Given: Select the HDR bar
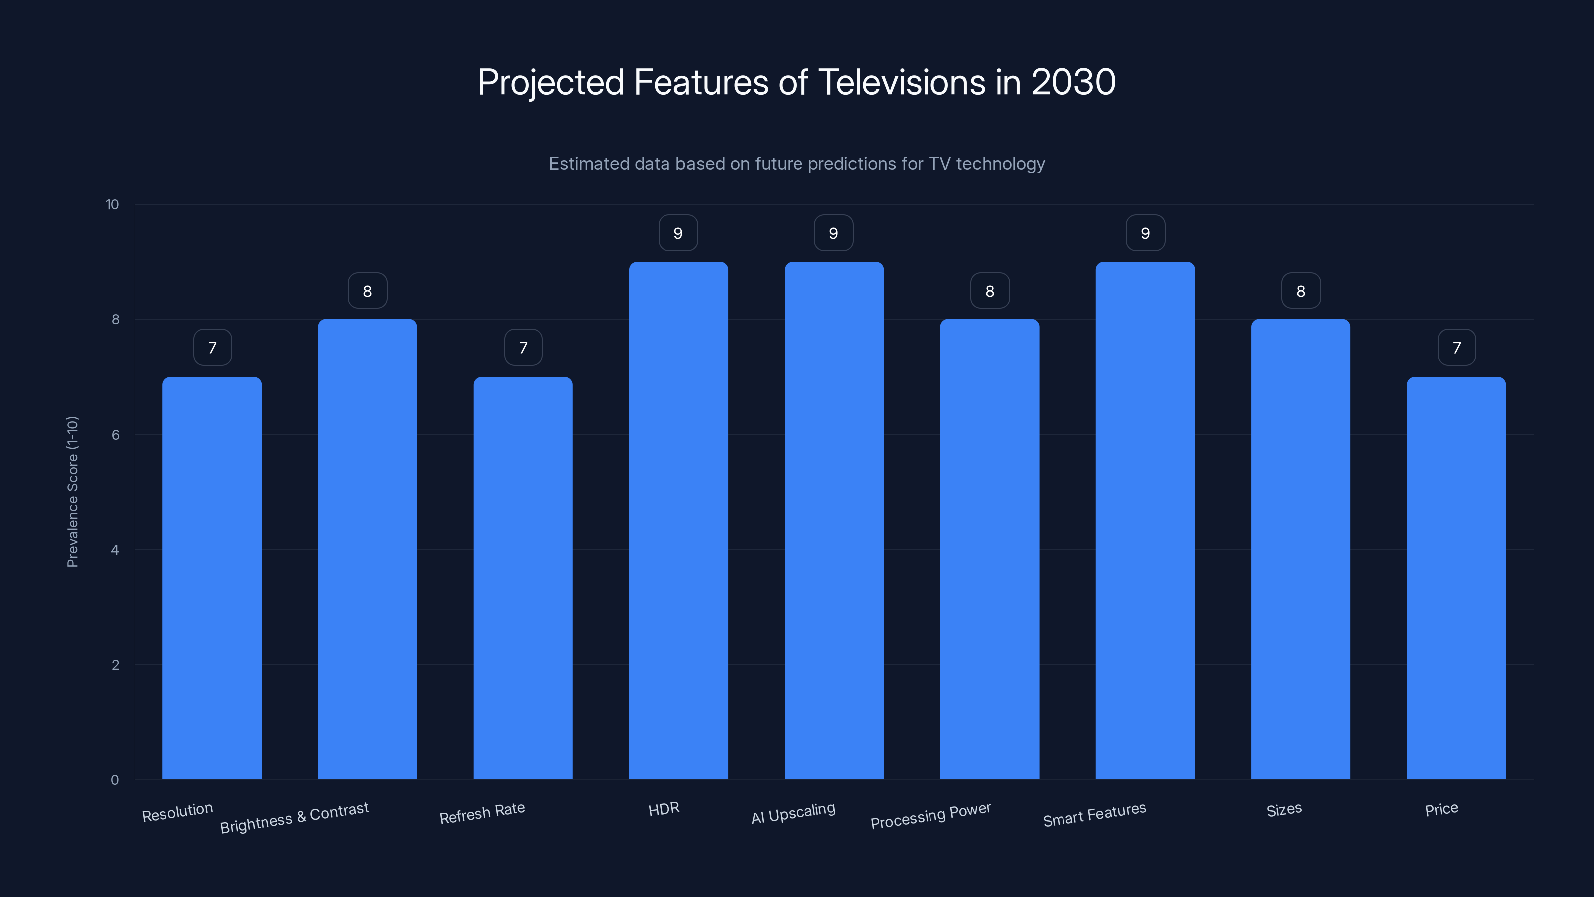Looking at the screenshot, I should coord(678,520).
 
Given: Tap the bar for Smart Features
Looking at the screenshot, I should coord(1145,520).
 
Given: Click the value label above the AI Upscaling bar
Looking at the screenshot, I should coord(833,233).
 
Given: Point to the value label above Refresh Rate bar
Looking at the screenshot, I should coord(523,348).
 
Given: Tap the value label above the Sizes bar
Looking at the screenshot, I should coord(1300,291).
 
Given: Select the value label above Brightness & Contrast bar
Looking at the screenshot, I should coord(367,291).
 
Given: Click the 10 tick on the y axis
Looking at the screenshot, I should coord(112,205).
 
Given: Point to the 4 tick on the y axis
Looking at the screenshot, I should coord(115,550).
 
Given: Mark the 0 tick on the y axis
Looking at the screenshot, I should coord(115,780).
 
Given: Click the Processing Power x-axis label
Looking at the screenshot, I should coord(930,816).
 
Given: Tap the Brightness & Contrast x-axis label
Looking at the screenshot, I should coord(294,818).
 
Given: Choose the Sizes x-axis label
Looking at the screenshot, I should coord(1284,810).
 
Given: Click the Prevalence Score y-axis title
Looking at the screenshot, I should coord(72,491).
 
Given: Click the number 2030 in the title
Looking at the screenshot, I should coord(1073,82).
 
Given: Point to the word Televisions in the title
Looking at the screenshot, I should coord(902,82).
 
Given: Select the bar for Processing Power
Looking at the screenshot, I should coord(989,549).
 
